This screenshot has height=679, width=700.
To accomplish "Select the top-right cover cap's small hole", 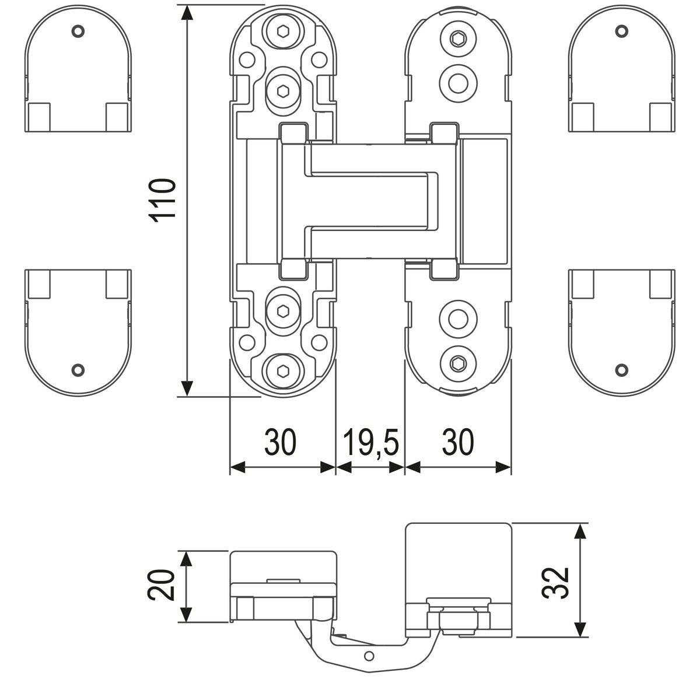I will pos(622,30).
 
